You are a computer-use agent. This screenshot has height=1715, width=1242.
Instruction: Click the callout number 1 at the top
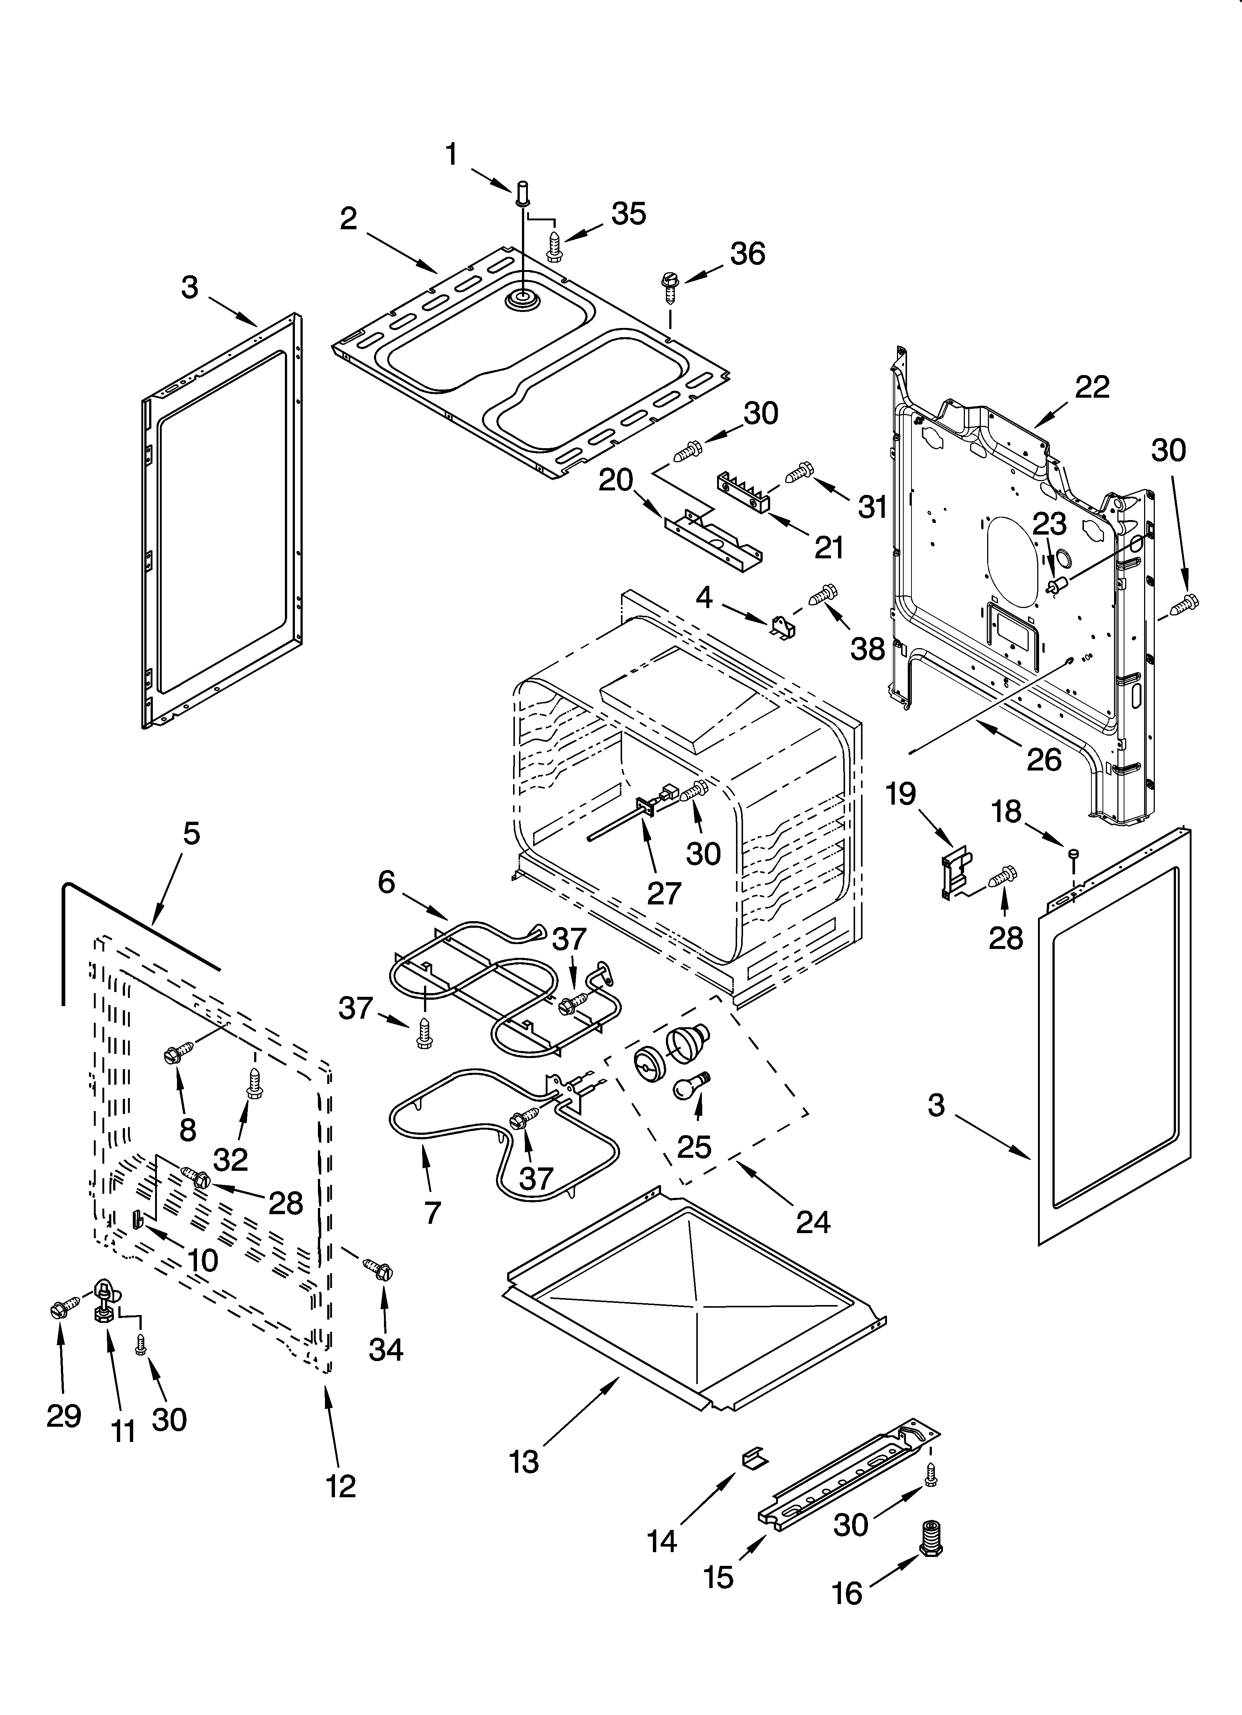pos(451,155)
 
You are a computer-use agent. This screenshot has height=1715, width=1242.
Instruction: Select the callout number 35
pos(628,214)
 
